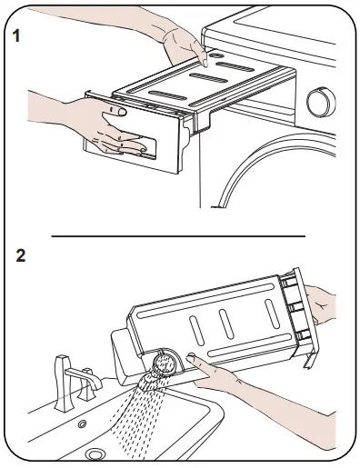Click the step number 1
click(x=16, y=35)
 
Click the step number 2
click(x=21, y=255)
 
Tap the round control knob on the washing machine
click(x=321, y=102)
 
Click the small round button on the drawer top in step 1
click(x=216, y=55)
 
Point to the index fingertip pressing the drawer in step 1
click(x=205, y=63)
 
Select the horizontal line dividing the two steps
click(x=178, y=236)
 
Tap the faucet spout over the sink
click(x=84, y=377)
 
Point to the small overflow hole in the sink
click(x=82, y=423)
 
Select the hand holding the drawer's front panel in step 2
click(x=321, y=305)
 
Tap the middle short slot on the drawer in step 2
click(x=226, y=324)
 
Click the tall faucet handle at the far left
click(x=63, y=383)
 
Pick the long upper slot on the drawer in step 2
click(x=205, y=300)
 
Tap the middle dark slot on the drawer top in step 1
click(x=208, y=78)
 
